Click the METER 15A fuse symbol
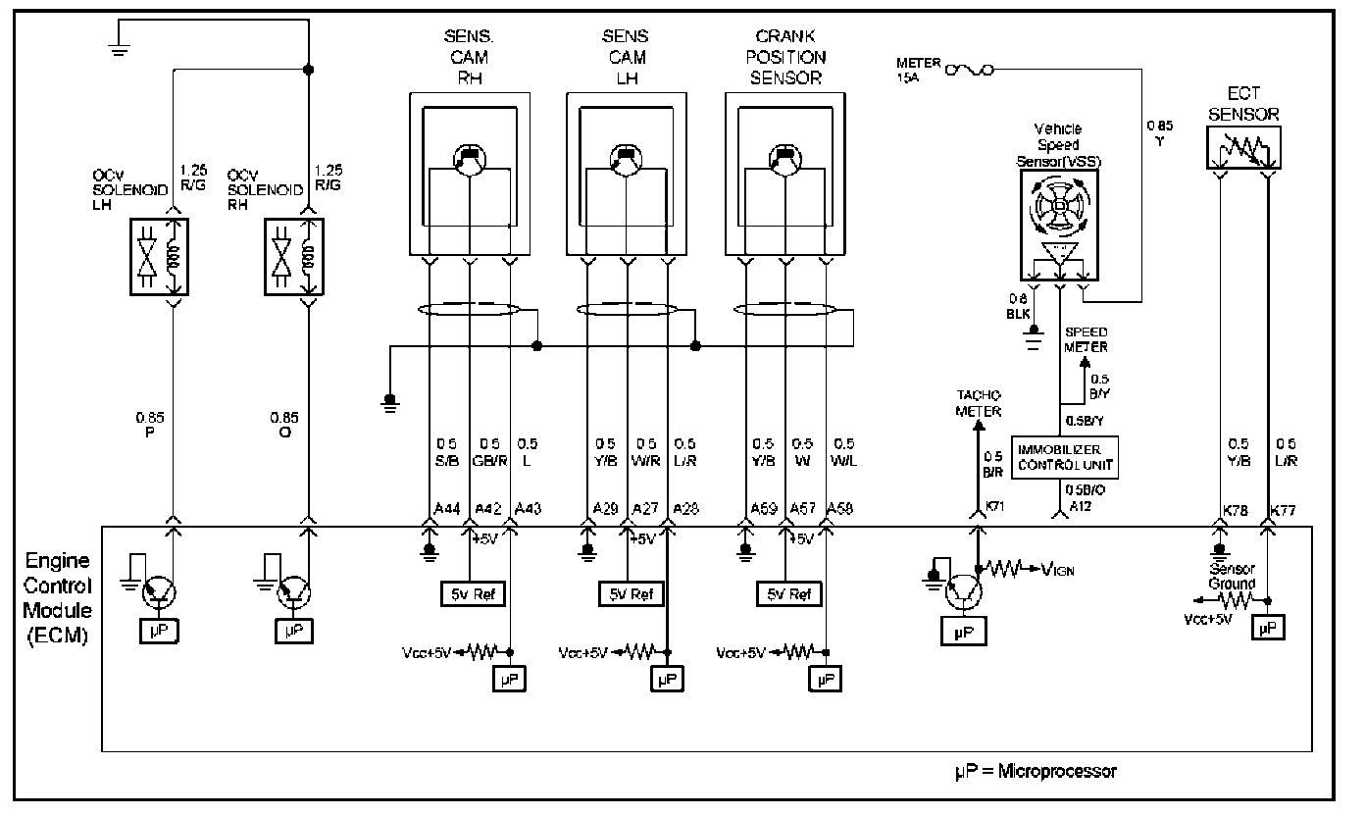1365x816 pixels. pyautogui.click(x=971, y=70)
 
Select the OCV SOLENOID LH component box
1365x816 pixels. pyautogui.click(x=158, y=256)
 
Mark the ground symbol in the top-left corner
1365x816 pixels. pyautogui.click(x=120, y=49)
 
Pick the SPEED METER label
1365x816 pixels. pyautogui.click(x=1087, y=338)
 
